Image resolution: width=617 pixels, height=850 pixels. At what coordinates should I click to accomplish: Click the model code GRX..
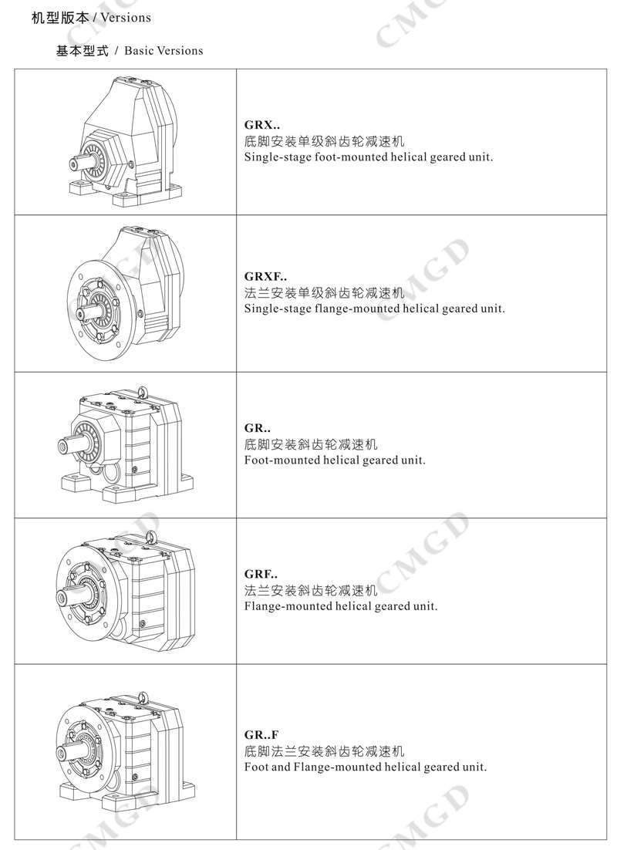[262, 125]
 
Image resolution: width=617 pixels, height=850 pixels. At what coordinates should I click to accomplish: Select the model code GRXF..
[265, 276]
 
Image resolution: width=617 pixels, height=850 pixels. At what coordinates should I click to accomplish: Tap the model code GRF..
[261, 574]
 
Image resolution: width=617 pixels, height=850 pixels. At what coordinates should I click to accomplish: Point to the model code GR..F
[261, 735]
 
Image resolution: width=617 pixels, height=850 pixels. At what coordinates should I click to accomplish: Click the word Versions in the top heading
[126, 18]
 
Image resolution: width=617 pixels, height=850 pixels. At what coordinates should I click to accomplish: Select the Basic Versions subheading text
[164, 51]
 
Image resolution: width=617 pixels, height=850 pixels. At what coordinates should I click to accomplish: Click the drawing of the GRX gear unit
[125, 141]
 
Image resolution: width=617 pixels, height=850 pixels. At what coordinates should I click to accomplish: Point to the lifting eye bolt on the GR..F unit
[143, 697]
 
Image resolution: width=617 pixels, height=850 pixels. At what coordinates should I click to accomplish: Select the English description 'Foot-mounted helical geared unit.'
[335, 460]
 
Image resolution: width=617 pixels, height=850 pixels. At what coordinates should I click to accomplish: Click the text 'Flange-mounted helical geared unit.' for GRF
[340, 606]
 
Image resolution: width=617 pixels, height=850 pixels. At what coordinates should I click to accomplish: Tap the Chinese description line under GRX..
[324, 141]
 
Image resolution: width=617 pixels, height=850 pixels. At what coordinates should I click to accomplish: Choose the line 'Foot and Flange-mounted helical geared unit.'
[366, 767]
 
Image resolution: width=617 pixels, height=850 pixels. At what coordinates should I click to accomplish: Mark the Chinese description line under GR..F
[324, 751]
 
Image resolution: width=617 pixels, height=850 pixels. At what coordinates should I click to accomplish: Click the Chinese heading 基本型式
[83, 51]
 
